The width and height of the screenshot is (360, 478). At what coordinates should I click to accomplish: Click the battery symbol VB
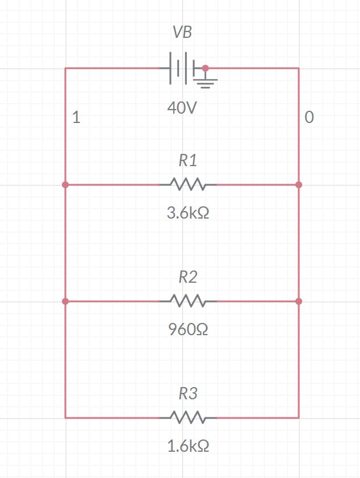(x=181, y=68)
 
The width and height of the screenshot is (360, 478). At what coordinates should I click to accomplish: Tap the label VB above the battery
(x=182, y=33)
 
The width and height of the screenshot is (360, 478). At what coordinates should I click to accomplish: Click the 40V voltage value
(x=182, y=108)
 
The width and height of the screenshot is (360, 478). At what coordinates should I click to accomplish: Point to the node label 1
(x=76, y=118)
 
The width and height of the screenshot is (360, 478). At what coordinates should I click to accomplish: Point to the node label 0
(x=309, y=118)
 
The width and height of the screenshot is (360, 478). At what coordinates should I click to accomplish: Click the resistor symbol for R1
(x=188, y=185)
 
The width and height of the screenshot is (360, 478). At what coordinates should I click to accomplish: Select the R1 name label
(x=188, y=160)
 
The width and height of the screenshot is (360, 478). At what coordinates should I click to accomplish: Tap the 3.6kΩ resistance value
(x=188, y=213)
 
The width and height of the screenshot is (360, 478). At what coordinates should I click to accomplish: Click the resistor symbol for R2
(x=188, y=301)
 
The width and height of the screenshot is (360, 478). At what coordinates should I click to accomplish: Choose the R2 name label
(x=188, y=277)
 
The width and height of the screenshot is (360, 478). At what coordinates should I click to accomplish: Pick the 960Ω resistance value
(x=188, y=330)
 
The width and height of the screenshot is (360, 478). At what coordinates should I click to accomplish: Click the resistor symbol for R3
(x=188, y=417)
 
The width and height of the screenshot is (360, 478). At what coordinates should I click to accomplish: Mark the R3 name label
(x=188, y=393)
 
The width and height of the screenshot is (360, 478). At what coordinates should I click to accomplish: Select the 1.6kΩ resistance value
(x=188, y=447)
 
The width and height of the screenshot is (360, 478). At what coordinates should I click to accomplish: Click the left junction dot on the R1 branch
(x=65, y=185)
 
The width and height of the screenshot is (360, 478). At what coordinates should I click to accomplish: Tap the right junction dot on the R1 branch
(x=299, y=185)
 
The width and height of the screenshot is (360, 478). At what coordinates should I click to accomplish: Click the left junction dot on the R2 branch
(x=65, y=301)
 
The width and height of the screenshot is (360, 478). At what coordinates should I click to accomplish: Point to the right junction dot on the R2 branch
(x=299, y=301)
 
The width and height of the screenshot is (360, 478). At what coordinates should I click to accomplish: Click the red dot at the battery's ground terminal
(x=205, y=68)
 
